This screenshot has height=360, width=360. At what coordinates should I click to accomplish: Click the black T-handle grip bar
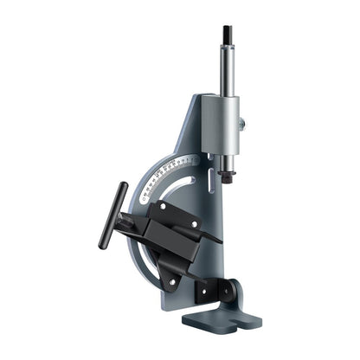pos(113,215)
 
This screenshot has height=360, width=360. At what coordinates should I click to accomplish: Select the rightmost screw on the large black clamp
pos(195,225)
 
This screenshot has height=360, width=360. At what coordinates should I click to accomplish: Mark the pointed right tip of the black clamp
pos(217,238)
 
